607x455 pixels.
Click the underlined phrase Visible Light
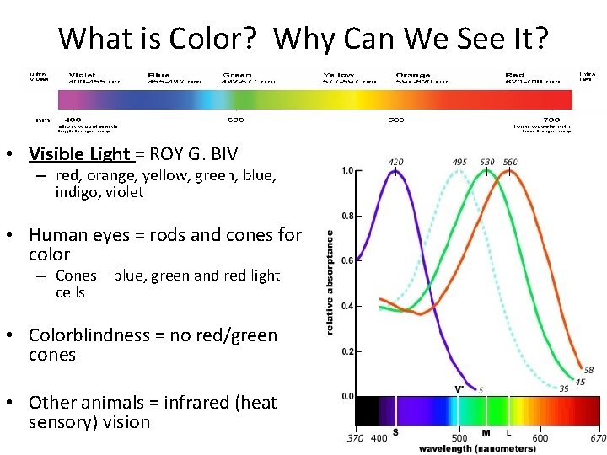80,154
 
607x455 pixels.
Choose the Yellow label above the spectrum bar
339,75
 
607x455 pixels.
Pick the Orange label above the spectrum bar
413,75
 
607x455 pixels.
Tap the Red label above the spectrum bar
515,75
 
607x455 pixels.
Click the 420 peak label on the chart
396,162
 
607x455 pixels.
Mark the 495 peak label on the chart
459,162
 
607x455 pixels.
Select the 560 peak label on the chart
509,162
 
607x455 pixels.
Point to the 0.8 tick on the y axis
346,216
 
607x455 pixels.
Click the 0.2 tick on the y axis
346,351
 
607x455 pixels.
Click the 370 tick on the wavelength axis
354,438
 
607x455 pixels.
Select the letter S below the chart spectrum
395,433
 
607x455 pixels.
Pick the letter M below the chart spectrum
486,433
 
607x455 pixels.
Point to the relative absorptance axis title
329,282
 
